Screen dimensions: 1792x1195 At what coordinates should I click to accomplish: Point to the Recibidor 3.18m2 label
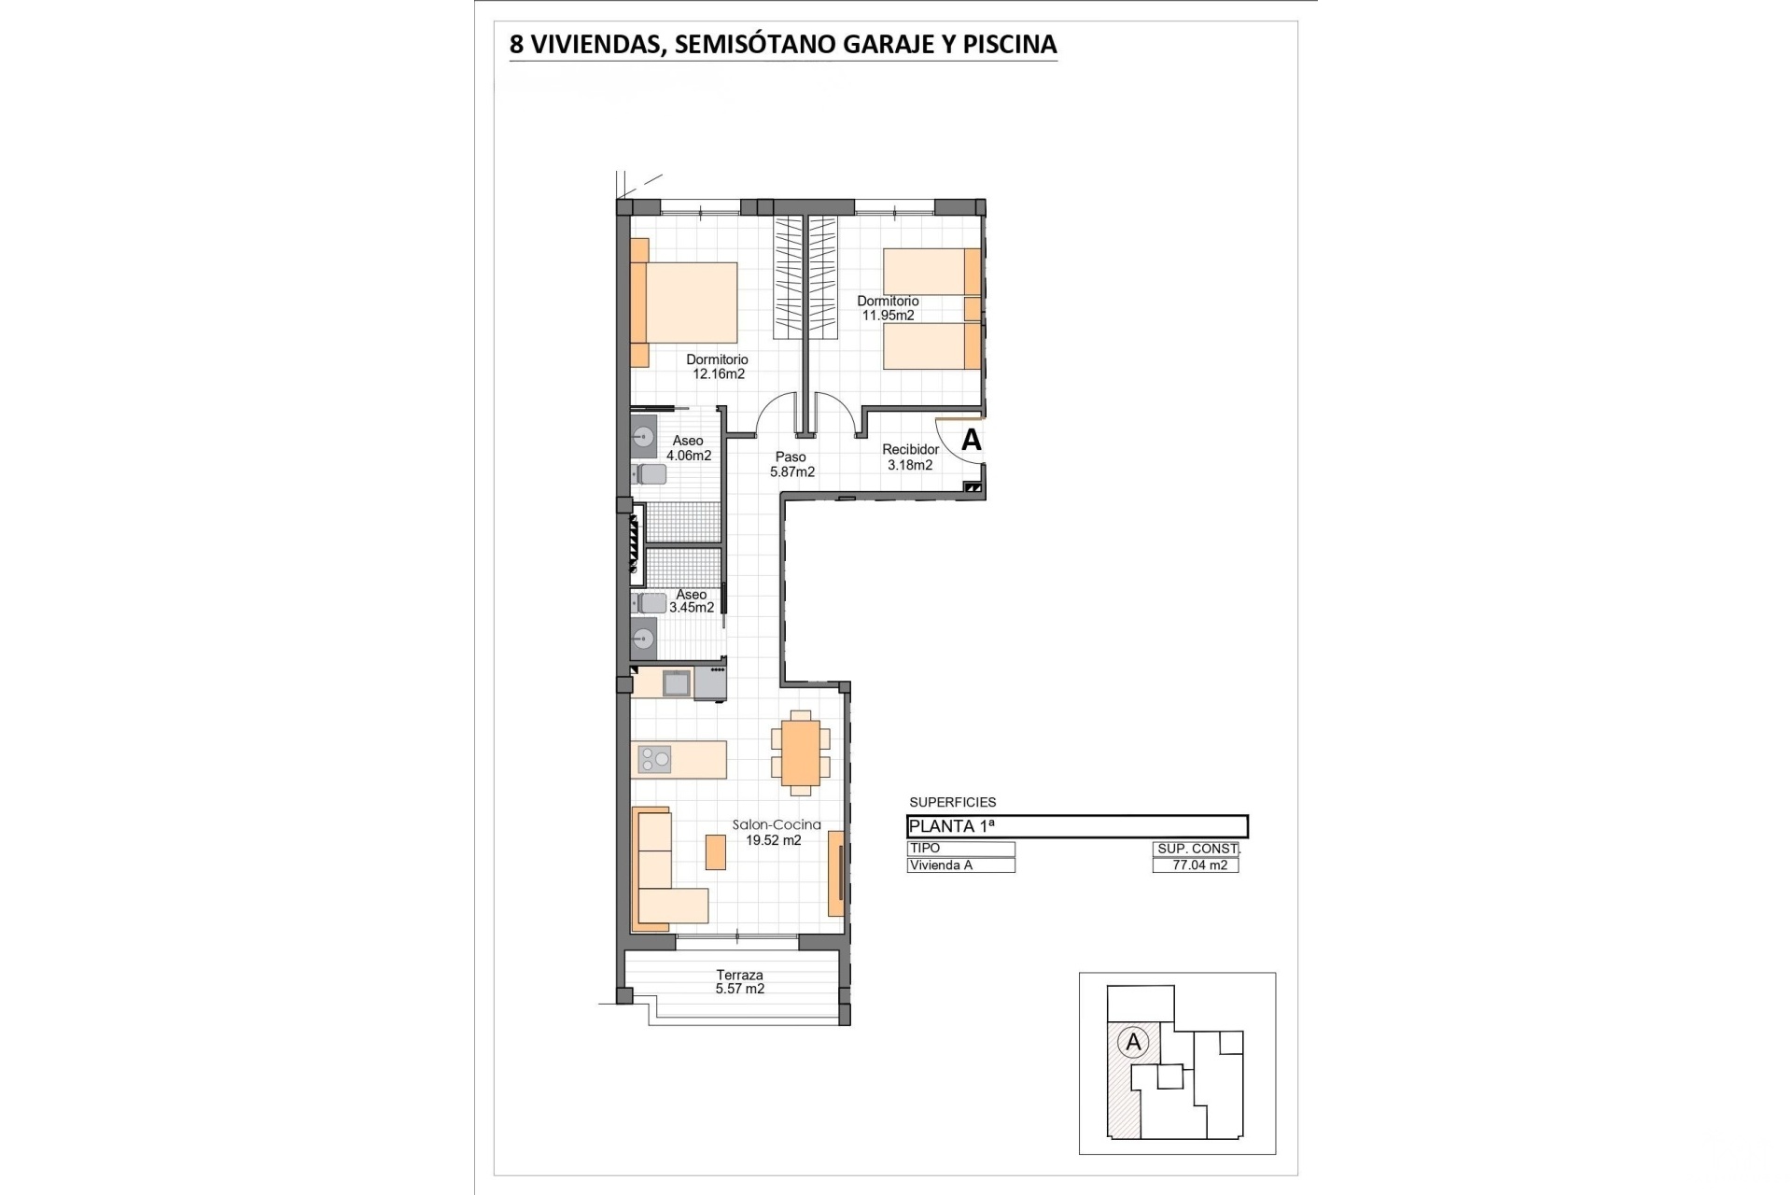[910, 457]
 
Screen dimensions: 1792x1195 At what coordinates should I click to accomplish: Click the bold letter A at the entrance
[972, 440]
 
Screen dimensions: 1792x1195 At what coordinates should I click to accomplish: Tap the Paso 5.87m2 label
[791, 464]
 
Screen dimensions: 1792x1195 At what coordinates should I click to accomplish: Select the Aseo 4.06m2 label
[689, 448]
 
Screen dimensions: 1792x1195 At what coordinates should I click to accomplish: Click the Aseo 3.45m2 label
[692, 600]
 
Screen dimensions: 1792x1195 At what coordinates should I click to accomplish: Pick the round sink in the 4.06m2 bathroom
[643, 436]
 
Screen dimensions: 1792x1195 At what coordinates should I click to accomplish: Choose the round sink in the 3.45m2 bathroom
[642, 640]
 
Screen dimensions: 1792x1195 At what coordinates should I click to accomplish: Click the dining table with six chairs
[801, 752]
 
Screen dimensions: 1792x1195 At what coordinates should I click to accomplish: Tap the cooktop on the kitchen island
[654, 760]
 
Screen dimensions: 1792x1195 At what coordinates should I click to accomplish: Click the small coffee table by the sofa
[716, 851]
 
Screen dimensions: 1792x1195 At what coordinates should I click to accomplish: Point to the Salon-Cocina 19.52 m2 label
[777, 832]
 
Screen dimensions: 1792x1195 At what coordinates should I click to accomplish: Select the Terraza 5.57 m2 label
[740, 981]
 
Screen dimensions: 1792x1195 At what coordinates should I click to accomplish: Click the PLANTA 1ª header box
[1077, 826]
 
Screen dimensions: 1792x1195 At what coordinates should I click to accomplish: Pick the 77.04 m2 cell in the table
[1196, 865]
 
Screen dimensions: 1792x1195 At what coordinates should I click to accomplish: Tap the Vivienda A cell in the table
[960, 865]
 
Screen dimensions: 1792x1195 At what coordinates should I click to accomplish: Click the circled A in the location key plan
[1134, 1042]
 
